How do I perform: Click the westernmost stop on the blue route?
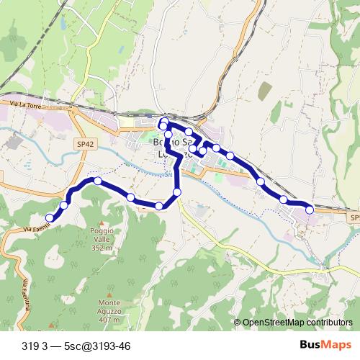click(50, 217)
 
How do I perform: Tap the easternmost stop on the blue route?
click(310, 210)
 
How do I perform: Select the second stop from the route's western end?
click(64, 205)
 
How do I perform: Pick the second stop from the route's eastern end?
click(284, 199)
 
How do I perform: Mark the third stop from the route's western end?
click(97, 181)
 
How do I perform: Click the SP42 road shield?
click(85, 144)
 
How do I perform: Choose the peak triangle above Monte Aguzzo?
click(109, 294)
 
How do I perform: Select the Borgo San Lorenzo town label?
click(174, 148)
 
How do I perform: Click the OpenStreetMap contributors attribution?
click(297, 323)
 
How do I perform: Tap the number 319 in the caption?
click(30, 346)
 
